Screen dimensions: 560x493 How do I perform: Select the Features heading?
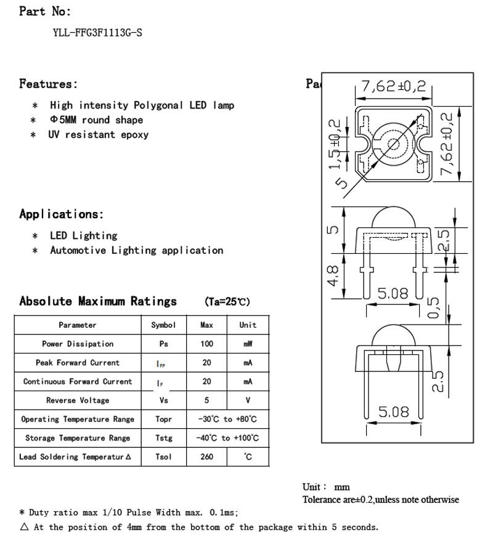[49, 84]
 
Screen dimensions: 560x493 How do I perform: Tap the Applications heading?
[62, 214]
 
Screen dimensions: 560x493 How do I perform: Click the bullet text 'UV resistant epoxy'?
[99, 134]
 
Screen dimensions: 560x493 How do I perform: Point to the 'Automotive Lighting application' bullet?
[136, 250]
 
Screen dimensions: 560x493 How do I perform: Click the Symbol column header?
[163, 325]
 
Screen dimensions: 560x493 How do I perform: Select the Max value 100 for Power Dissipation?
[206, 344]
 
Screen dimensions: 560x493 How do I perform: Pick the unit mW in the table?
[248, 344]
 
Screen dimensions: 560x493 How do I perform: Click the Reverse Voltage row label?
[78, 400]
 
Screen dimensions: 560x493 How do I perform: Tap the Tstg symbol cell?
[163, 438]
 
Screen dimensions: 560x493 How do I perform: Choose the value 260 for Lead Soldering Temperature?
[206, 457]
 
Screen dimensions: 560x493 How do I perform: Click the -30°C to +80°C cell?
[227, 420]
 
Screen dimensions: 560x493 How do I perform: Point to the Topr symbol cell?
[163, 420]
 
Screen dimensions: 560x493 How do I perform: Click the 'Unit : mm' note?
[326, 487]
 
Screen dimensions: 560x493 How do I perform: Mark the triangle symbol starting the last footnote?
[24, 527]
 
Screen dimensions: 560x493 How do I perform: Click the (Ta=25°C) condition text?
[227, 302]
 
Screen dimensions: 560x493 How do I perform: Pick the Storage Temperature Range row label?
[78, 438]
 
